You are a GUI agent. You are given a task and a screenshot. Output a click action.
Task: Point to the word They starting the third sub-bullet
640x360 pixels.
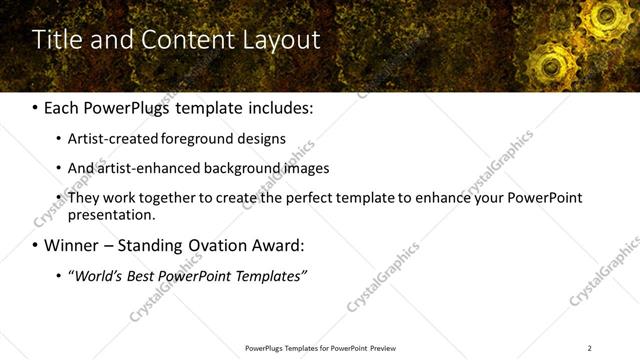83,198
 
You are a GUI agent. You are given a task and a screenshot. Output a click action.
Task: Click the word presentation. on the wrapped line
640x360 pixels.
112,214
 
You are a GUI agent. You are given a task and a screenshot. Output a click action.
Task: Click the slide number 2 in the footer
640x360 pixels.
589,348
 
